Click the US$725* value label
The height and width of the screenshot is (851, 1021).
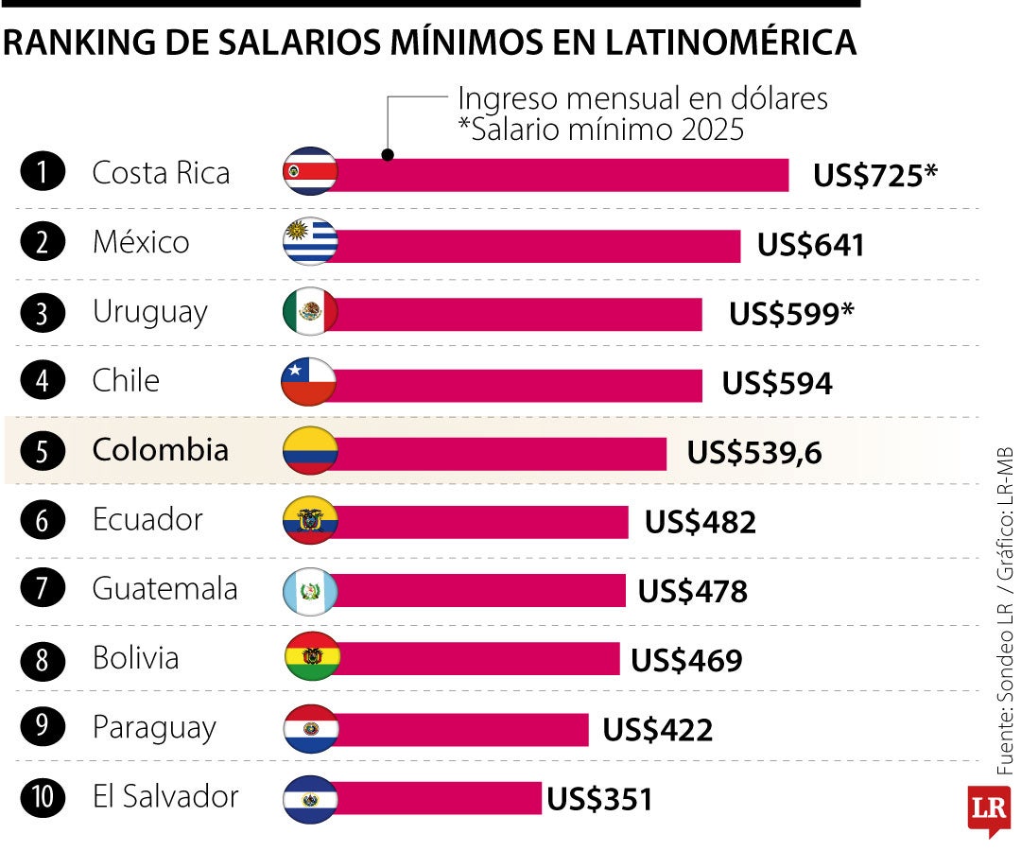click(874, 175)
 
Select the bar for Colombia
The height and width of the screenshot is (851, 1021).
click(501, 453)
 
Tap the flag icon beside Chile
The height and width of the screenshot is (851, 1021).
click(309, 383)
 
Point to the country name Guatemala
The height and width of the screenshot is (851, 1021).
click(164, 589)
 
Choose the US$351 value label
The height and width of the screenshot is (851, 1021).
click(599, 800)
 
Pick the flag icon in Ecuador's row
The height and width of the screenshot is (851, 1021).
click(309, 521)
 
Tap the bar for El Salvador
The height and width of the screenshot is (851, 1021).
click(440, 798)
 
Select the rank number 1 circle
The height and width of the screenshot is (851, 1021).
click(43, 174)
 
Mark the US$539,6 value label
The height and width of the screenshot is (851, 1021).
click(754, 453)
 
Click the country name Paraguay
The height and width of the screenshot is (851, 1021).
click(154, 728)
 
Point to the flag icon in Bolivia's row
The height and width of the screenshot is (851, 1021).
click(309, 659)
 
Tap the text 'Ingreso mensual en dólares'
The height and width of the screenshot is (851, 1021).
click(643, 98)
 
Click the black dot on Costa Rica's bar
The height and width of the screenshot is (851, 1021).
click(387, 154)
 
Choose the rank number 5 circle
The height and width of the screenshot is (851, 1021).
click(43, 451)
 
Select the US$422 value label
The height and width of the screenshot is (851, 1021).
click(658, 730)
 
